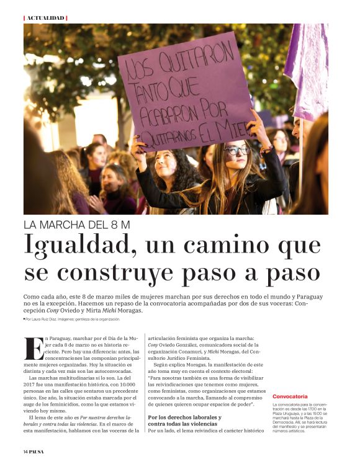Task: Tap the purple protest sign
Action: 186,90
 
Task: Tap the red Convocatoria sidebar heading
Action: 290,396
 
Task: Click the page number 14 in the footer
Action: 26,452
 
